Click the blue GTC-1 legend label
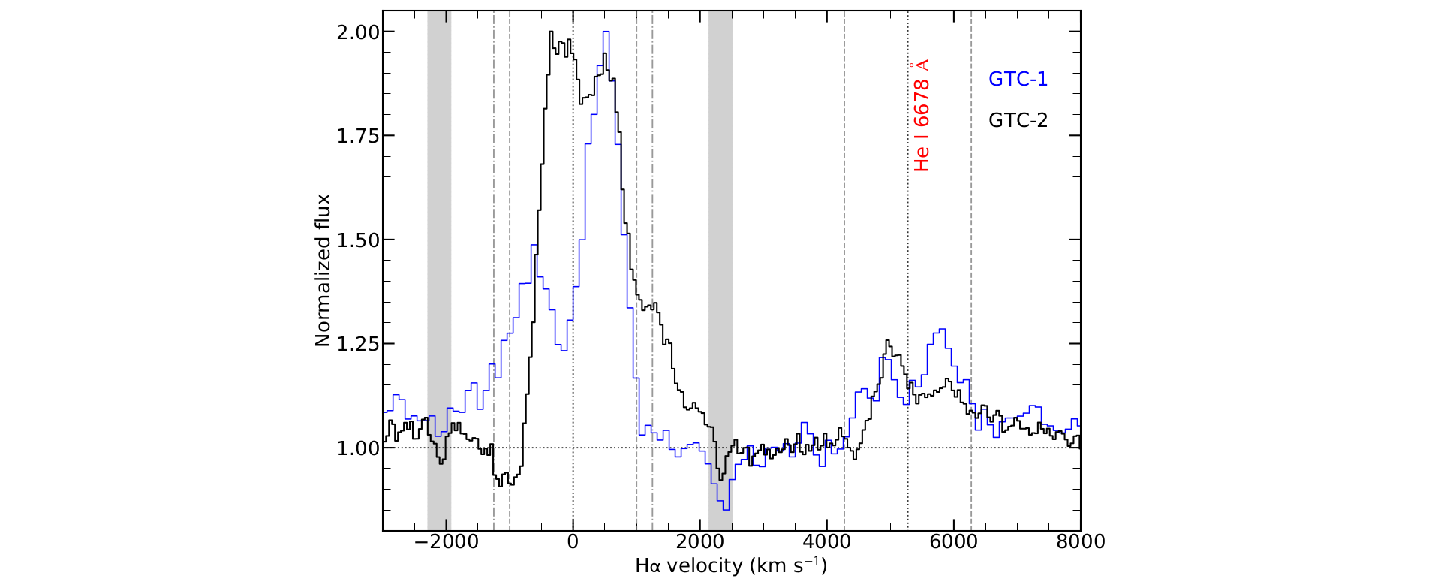(1017, 79)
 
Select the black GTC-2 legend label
(1017, 120)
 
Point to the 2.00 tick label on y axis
(358, 32)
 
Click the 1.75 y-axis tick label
(358, 136)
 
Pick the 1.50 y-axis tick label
(358, 240)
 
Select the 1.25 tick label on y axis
(358, 344)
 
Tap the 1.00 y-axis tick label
(358, 448)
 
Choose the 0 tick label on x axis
(573, 542)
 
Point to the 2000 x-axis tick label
(699, 542)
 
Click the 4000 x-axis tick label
(826, 542)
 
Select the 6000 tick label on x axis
(953, 542)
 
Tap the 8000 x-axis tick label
(1080, 542)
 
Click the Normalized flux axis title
(323, 270)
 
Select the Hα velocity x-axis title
(731, 565)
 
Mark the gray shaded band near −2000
(439, 270)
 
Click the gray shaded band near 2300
(720, 270)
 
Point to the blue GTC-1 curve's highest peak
(606, 32)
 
